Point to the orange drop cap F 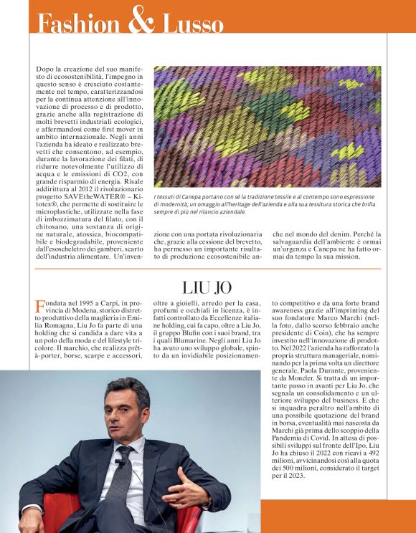tap(40, 307)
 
